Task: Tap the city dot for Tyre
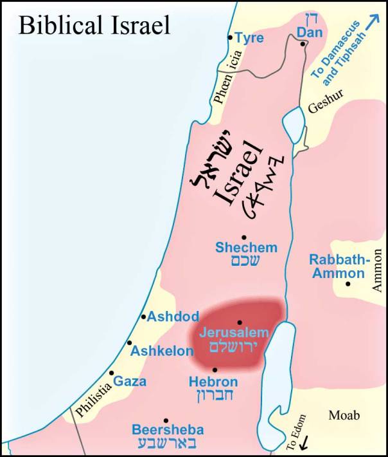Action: (231, 37)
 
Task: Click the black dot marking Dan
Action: (303, 44)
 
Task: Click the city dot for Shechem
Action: (244, 238)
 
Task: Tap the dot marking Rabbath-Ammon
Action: (348, 284)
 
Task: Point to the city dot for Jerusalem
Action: (239, 322)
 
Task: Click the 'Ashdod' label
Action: (173, 317)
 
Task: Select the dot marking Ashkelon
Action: (130, 342)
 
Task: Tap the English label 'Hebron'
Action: (213, 382)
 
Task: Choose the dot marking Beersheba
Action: (166, 420)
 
